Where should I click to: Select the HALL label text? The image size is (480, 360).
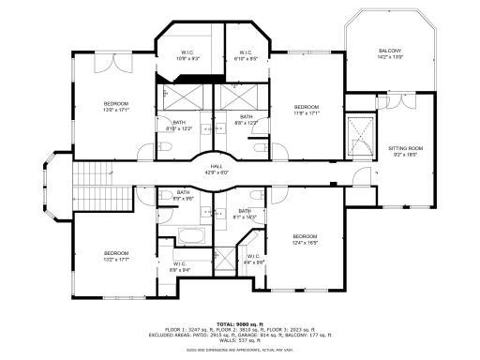[216, 170]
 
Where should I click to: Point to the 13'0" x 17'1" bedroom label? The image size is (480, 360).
[115, 106]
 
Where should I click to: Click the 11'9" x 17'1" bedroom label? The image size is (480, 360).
[307, 111]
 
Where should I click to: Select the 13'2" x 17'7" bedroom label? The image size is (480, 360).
[115, 256]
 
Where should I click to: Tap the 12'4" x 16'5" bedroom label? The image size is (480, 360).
[305, 239]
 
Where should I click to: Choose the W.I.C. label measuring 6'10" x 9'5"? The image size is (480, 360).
[245, 55]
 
